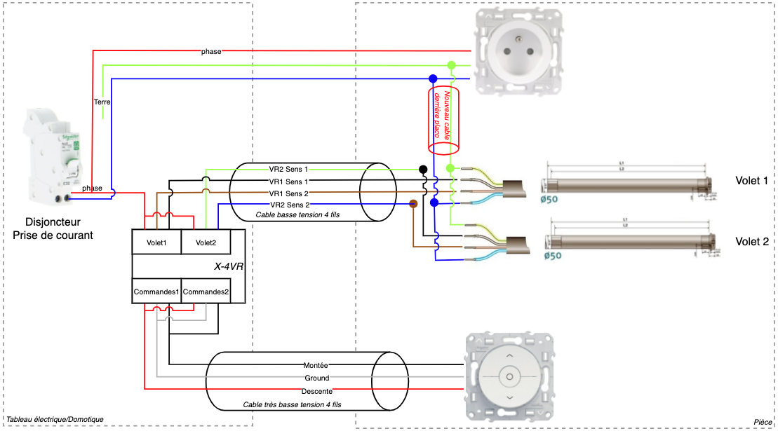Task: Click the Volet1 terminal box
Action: pyautogui.click(x=156, y=243)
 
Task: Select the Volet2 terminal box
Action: pyautogui.click(x=206, y=243)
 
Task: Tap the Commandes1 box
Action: pyautogui.click(x=156, y=292)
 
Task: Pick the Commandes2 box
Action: pyautogui.click(x=206, y=292)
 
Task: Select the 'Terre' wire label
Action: pyautogui.click(x=102, y=102)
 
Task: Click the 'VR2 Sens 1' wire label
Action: pyautogui.click(x=288, y=169)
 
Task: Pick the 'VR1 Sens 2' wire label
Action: pyautogui.click(x=288, y=193)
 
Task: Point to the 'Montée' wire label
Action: pyautogui.click(x=316, y=365)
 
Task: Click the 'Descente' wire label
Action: pyautogui.click(x=316, y=390)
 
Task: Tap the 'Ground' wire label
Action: pyautogui.click(x=316, y=378)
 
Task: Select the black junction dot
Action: pyautogui.click(x=423, y=169)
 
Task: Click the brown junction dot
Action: pyautogui.click(x=413, y=204)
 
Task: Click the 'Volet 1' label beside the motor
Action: pyautogui.click(x=752, y=180)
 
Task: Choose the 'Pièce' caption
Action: pyautogui.click(x=762, y=421)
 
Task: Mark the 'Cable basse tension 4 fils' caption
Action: pyautogui.click(x=297, y=215)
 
